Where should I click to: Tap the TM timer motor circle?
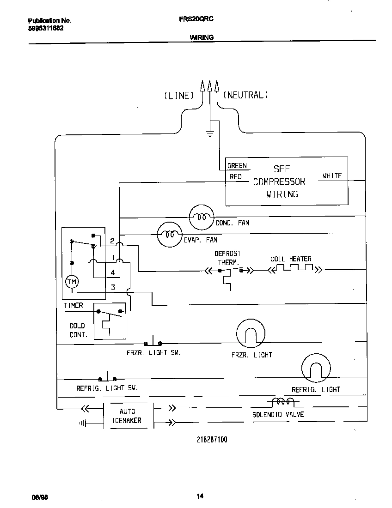[72, 282]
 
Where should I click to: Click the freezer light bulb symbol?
[251, 333]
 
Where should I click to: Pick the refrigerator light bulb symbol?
[316, 368]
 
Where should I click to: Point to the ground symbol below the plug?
[210, 134]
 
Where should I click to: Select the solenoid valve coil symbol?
[282, 402]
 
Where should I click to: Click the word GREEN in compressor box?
[237, 166]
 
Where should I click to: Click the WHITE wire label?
[332, 176]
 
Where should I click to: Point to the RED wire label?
[235, 177]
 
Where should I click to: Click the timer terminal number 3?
[113, 287]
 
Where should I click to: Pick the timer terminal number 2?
[112, 241]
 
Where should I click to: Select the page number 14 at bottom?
[200, 496]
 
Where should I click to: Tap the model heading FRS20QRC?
[196, 19]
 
